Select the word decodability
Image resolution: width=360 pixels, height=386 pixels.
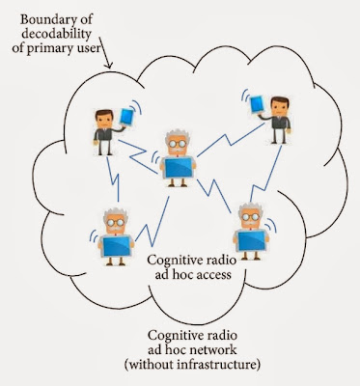(51, 34)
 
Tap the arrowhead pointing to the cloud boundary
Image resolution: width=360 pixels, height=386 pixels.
(109, 65)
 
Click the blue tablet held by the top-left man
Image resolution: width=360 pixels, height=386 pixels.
(126, 117)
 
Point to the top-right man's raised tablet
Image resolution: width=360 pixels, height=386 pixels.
(257, 104)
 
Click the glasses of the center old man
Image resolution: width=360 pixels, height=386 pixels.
(178, 144)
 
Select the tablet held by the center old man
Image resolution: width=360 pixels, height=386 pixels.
(179, 167)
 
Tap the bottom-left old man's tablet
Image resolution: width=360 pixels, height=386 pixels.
(117, 246)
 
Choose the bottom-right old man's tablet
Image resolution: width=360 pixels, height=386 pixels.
(252, 240)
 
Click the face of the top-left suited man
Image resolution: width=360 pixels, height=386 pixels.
(104, 122)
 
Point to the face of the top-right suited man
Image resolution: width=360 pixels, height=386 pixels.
(279, 108)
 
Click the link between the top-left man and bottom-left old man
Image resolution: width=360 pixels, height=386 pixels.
(113, 179)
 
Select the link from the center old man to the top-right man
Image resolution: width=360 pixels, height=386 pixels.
(231, 140)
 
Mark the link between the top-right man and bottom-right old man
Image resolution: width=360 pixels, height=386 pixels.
(265, 175)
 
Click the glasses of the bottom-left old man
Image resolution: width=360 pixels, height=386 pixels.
(116, 222)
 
